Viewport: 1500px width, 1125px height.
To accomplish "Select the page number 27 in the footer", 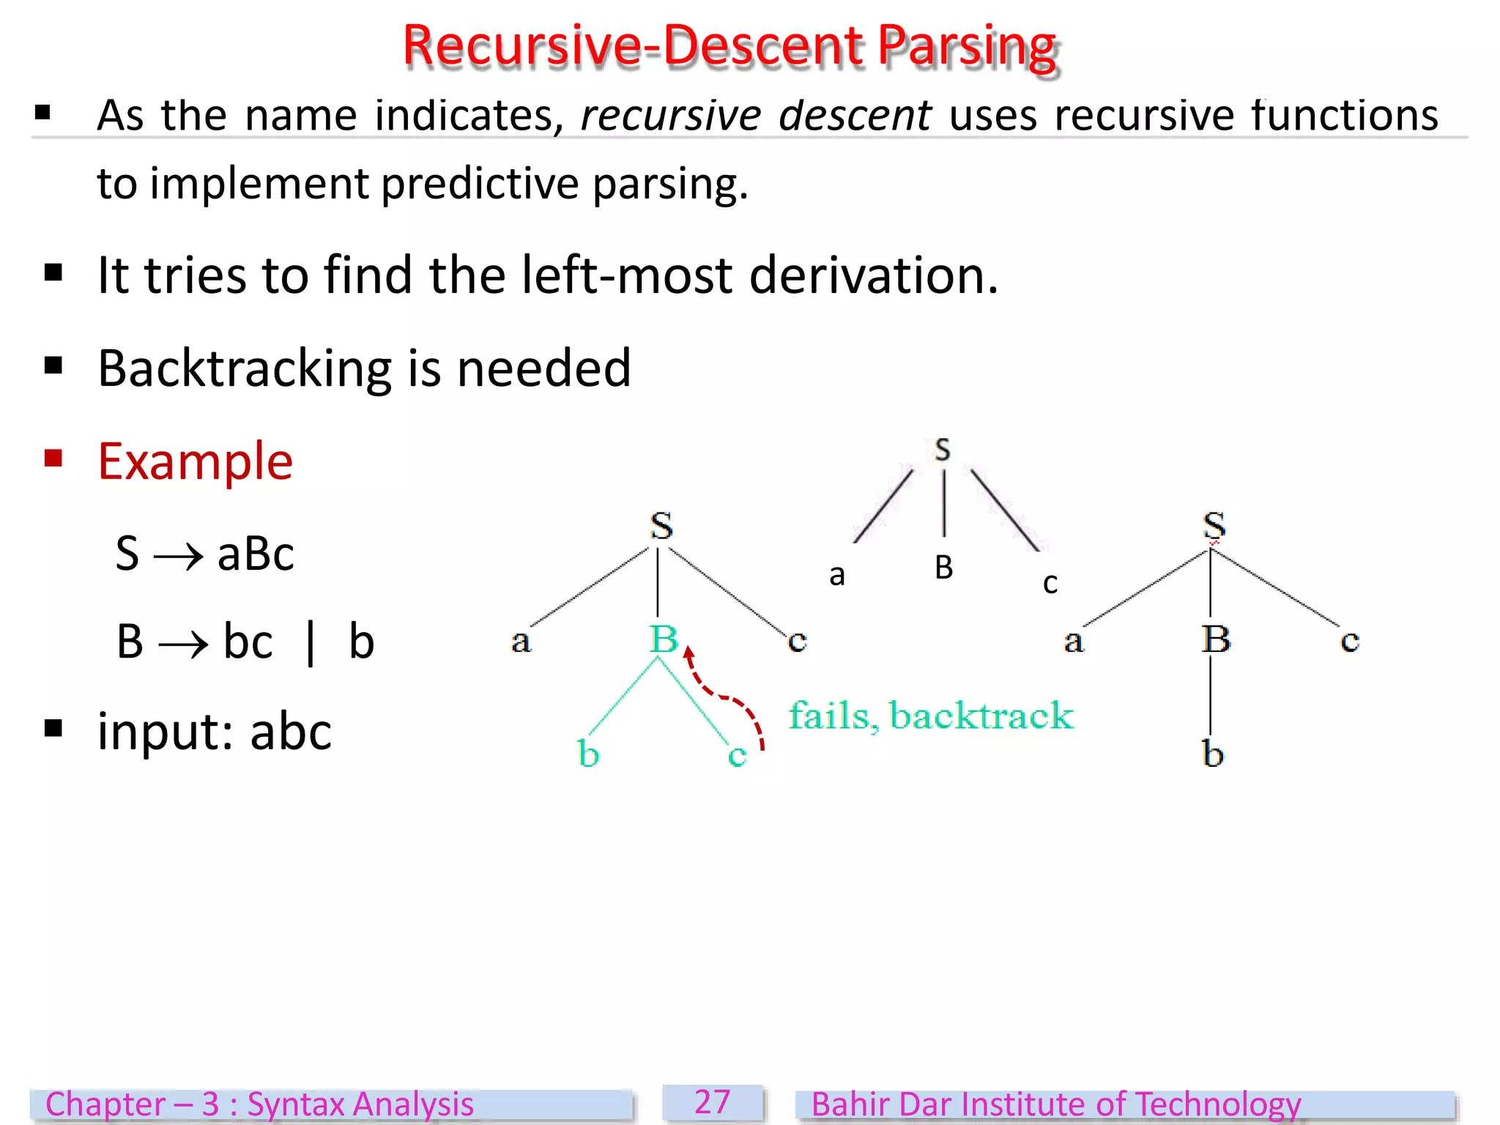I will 713,1102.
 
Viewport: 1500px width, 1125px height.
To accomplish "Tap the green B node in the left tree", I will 664,639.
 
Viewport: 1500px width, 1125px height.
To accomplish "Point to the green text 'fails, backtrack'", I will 931,716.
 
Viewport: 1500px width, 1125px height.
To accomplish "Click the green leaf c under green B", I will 737,755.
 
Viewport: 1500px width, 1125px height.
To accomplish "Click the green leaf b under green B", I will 588,754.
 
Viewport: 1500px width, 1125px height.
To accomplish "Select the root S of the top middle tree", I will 943,450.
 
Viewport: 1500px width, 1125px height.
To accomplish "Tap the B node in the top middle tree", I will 944,568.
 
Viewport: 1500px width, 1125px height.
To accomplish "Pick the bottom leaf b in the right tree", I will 1213,754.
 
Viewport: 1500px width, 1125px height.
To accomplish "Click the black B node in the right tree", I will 1216,639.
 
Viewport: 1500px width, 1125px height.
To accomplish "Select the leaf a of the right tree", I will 1074,641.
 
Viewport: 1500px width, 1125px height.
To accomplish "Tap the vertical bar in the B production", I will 311,642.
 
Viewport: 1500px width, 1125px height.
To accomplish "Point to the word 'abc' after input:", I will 291,732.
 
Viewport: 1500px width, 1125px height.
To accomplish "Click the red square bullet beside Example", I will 53,458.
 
